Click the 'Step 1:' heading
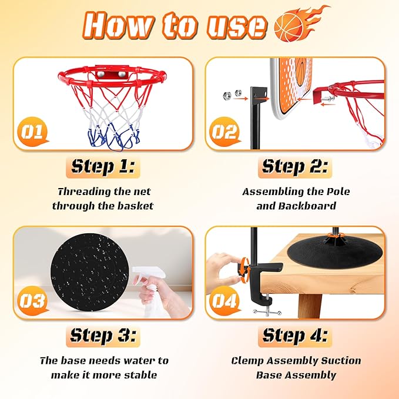[x=105, y=166]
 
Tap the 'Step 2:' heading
[x=295, y=166]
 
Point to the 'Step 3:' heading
[x=105, y=336]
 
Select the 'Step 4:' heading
[x=295, y=336]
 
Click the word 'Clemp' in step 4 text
[x=252, y=360]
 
